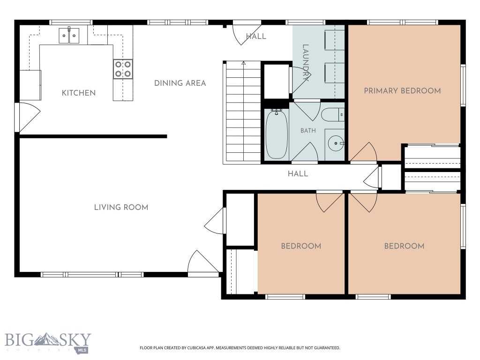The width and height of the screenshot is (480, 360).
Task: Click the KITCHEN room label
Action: point(79,93)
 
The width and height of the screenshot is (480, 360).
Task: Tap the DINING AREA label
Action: point(180,83)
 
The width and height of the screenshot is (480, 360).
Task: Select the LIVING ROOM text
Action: point(121,208)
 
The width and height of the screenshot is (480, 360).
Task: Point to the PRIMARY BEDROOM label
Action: point(402,91)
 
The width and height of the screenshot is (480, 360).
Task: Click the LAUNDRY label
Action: point(306,63)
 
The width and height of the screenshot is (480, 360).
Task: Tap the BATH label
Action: point(308,131)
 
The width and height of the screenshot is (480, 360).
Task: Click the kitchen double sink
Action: point(69,36)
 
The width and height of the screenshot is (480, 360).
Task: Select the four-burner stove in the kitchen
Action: point(123,69)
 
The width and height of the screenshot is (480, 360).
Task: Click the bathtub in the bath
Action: point(277,134)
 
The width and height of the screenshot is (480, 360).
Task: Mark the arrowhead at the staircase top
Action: point(244,63)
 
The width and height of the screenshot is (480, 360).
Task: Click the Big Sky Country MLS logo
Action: point(48,342)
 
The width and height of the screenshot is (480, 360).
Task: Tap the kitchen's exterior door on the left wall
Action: point(28,117)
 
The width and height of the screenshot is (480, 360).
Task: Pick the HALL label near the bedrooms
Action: point(298,174)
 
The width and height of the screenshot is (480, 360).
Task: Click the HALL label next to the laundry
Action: point(256,37)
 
